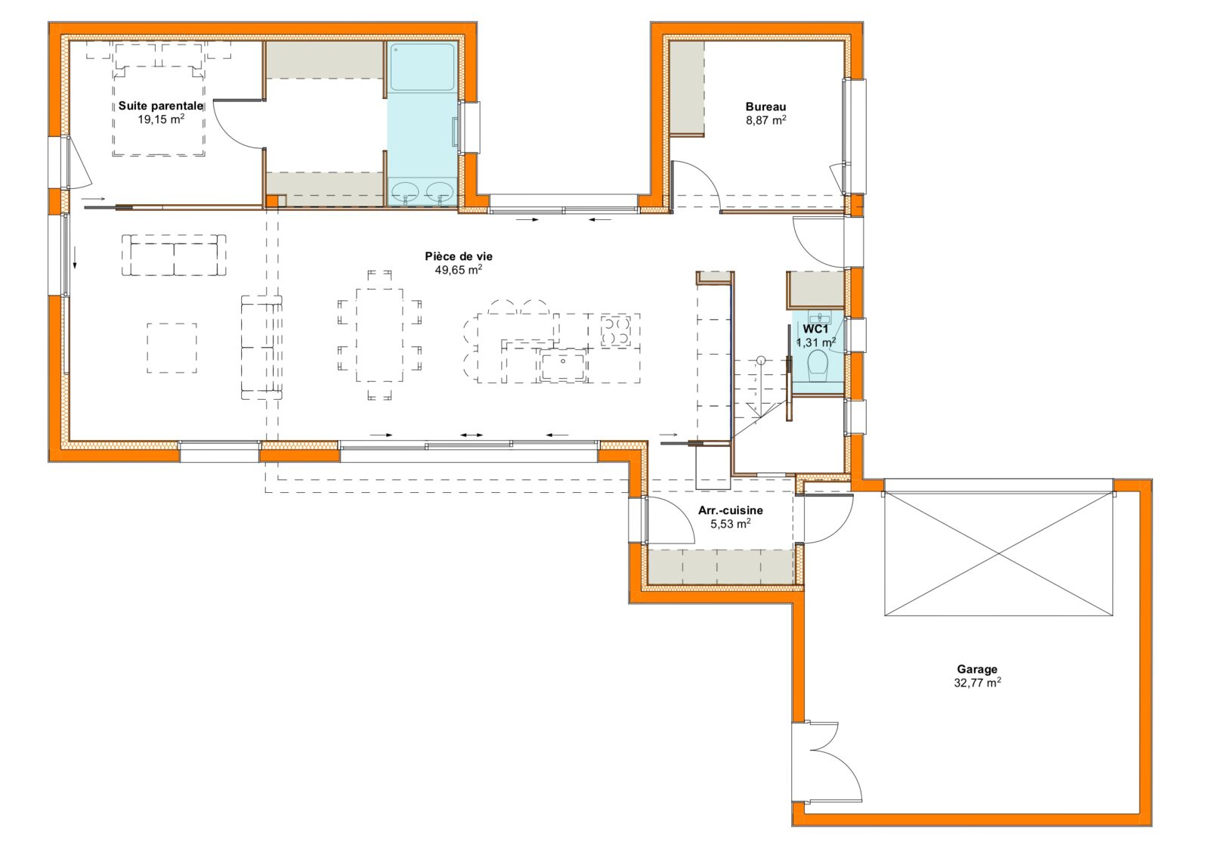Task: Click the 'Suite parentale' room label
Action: (x=161, y=106)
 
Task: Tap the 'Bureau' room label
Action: (x=765, y=107)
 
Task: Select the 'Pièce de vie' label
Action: (x=458, y=256)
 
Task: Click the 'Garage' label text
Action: (x=977, y=670)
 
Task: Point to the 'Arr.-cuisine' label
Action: (x=730, y=510)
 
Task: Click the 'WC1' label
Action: (x=815, y=329)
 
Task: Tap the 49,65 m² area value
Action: (x=458, y=270)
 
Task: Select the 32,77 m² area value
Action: (x=977, y=683)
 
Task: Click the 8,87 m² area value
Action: (x=765, y=120)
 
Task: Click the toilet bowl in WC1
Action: (x=818, y=364)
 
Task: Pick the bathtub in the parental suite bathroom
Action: (x=422, y=67)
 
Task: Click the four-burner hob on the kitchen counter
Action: (x=615, y=330)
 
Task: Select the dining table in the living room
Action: (x=379, y=336)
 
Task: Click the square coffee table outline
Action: (x=172, y=348)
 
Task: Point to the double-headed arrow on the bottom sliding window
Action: (x=472, y=435)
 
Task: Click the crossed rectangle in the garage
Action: (x=998, y=554)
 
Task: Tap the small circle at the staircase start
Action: (x=761, y=360)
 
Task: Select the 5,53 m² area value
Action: (x=730, y=523)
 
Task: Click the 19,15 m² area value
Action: (x=161, y=119)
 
